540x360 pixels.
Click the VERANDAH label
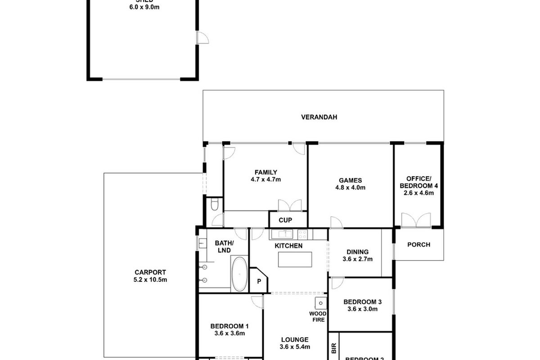(x=319, y=117)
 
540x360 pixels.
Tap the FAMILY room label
(x=265, y=172)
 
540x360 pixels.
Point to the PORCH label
(x=418, y=245)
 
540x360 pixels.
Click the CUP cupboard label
(x=285, y=220)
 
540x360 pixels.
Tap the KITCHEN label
(x=288, y=246)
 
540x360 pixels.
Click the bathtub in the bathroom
(x=239, y=274)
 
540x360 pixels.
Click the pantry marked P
(x=259, y=281)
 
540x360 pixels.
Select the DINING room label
(x=357, y=252)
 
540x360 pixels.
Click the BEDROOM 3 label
(x=362, y=302)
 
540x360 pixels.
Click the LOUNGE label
(x=295, y=340)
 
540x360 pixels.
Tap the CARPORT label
(x=150, y=272)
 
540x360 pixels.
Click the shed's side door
(x=201, y=38)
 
